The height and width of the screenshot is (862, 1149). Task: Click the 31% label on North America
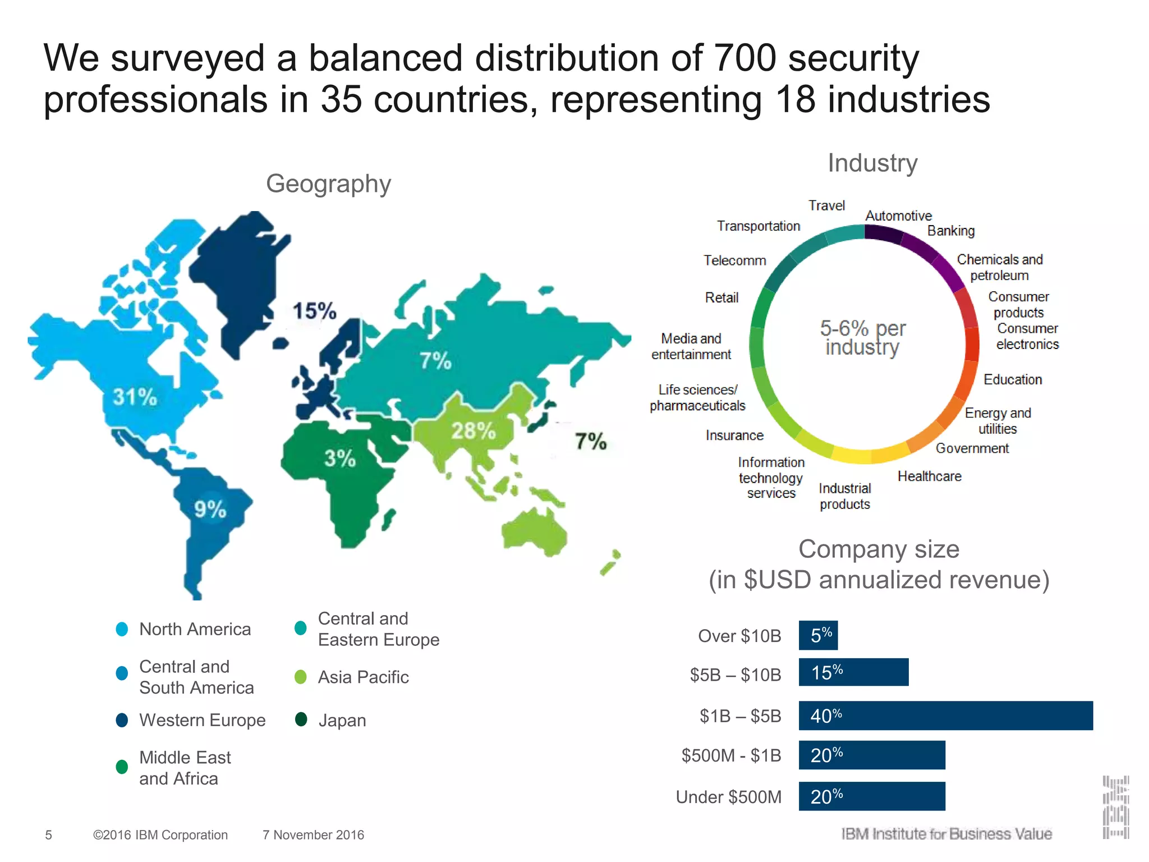(135, 397)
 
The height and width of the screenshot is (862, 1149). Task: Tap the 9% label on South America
(210, 509)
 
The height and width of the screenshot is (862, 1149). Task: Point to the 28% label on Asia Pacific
(474, 431)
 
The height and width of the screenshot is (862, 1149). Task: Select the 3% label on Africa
(340, 458)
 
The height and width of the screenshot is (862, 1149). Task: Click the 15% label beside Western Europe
(314, 311)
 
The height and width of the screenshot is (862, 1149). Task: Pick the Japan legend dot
(301, 719)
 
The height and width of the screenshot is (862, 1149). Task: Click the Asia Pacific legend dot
(301, 677)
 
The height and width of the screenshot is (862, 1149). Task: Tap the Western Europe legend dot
(122, 720)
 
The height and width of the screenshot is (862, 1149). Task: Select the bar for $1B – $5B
(945, 716)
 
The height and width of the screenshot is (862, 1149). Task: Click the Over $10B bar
(818, 635)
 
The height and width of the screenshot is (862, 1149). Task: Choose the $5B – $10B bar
(853, 672)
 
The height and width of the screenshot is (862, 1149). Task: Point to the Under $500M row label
(728, 797)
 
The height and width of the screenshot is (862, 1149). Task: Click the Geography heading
(328, 184)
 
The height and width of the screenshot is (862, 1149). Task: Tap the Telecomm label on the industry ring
(735, 260)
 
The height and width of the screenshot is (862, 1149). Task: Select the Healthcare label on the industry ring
(929, 476)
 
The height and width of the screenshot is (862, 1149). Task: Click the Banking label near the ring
(951, 231)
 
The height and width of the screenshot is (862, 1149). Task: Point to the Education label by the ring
(1013, 379)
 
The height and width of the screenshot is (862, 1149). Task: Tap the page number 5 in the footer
(48, 835)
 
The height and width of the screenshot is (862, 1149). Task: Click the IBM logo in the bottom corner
(1115, 807)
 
